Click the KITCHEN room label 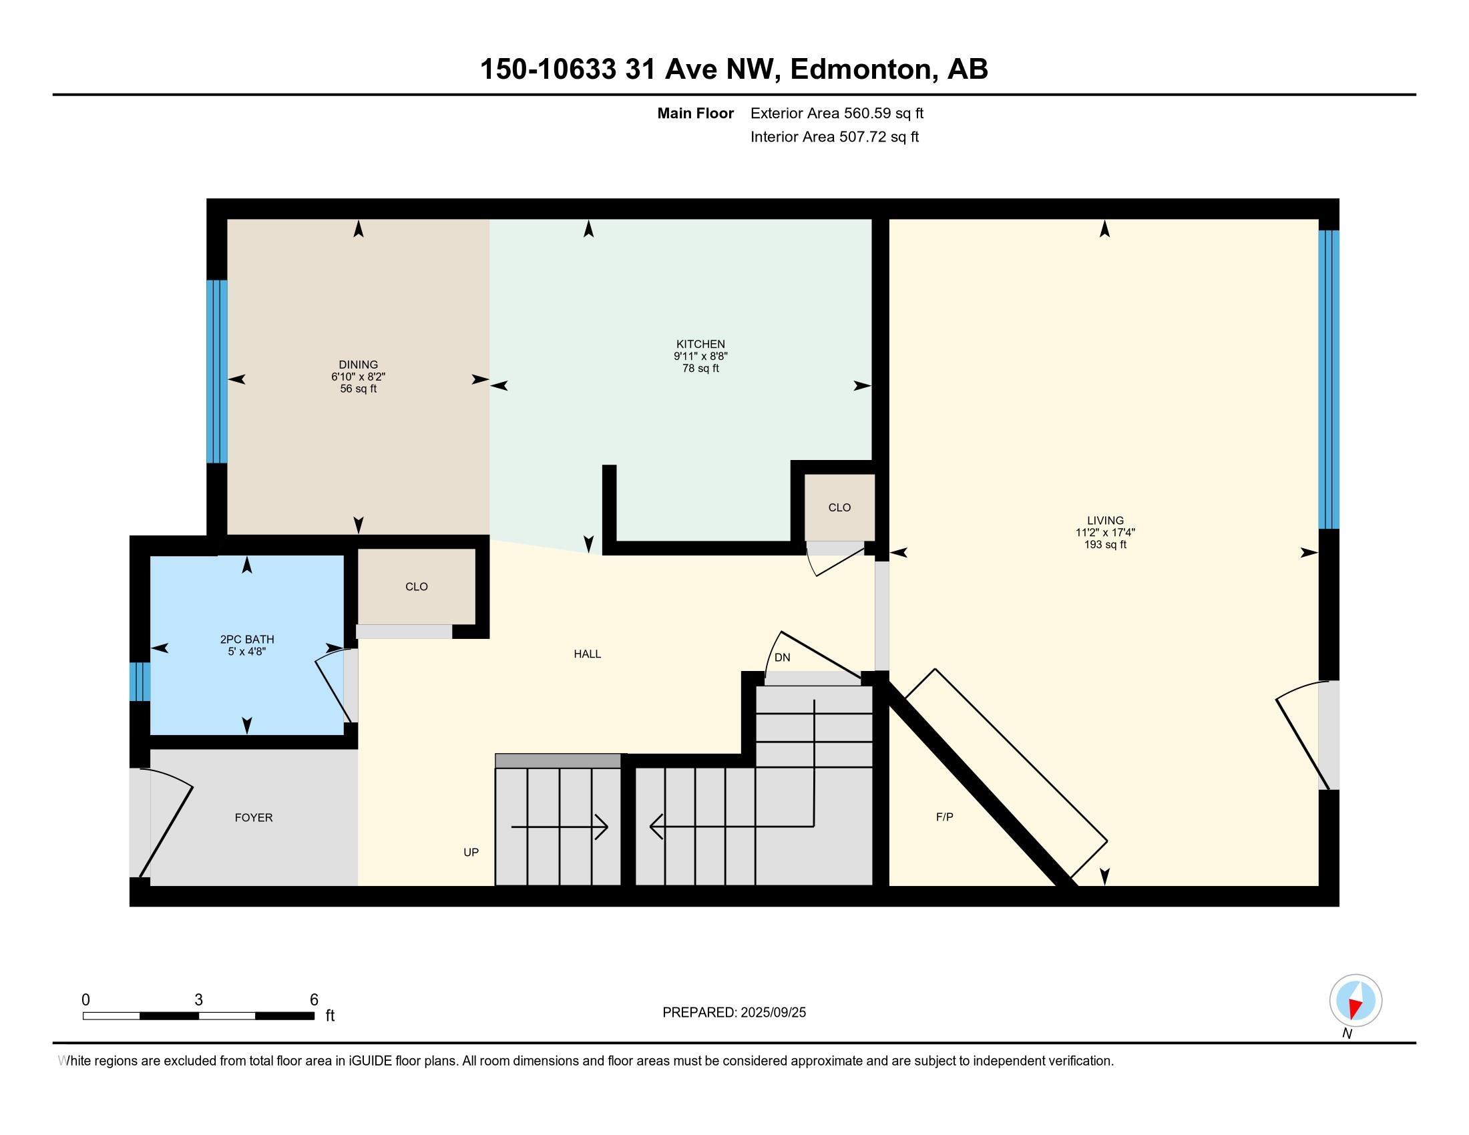tap(700, 345)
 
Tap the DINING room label tap(358, 365)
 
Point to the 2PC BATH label tap(247, 640)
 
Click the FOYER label tap(254, 818)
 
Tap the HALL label tap(587, 654)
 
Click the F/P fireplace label tap(944, 817)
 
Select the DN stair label tap(783, 658)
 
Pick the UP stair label tap(471, 853)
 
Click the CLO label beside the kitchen tap(839, 507)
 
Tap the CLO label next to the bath tap(417, 587)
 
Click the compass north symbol tap(1355, 1001)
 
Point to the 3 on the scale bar tap(198, 1000)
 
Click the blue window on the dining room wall tap(216, 372)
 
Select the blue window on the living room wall tap(1328, 380)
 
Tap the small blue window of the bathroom tap(140, 682)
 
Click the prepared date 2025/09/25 tap(772, 1013)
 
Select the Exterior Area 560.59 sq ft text tap(837, 113)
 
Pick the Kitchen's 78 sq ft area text tap(700, 369)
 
